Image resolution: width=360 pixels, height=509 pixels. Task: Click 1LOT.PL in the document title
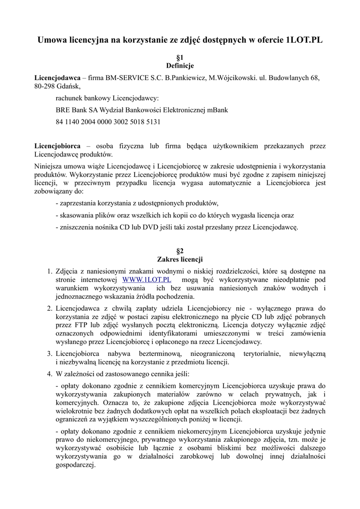click(x=303, y=40)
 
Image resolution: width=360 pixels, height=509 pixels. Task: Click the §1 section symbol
click(x=180, y=58)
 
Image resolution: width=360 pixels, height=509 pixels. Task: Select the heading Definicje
click(x=180, y=66)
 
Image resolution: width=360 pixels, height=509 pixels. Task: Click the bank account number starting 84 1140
click(x=108, y=122)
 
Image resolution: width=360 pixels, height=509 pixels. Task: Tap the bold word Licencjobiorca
click(x=57, y=146)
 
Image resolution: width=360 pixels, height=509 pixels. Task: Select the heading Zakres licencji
click(x=180, y=259)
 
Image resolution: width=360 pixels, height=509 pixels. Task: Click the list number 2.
click(x=49, y=308)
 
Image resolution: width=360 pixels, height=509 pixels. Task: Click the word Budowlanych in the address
click(x=290, y=78)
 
